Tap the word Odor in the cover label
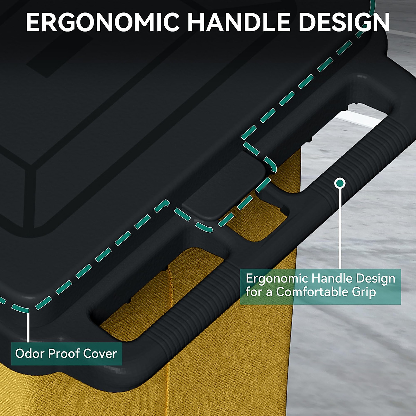pyautogui.click(x=29, y=354)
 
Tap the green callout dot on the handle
pyautogui.click(x=340, y=182)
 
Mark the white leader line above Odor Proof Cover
pyautogui.click(x=28, y=326)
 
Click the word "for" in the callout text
pyautogui.click(x=253, y=292)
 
